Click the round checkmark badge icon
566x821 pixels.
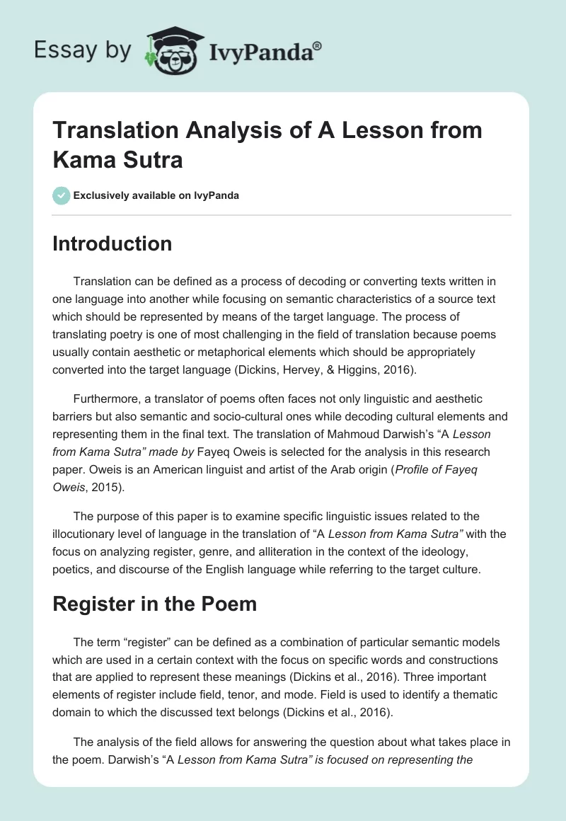pyautogui.click(x=61, y=195)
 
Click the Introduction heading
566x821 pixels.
pyautogui.click(x=112, y=243)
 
